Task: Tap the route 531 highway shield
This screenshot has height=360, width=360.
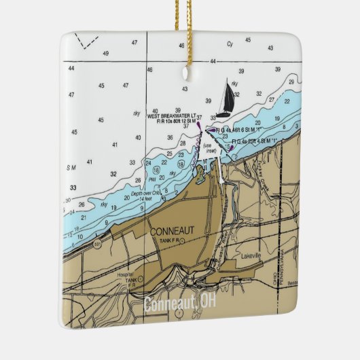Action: click(98, 243)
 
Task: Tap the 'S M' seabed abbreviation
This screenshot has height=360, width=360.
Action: click(71, 166)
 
